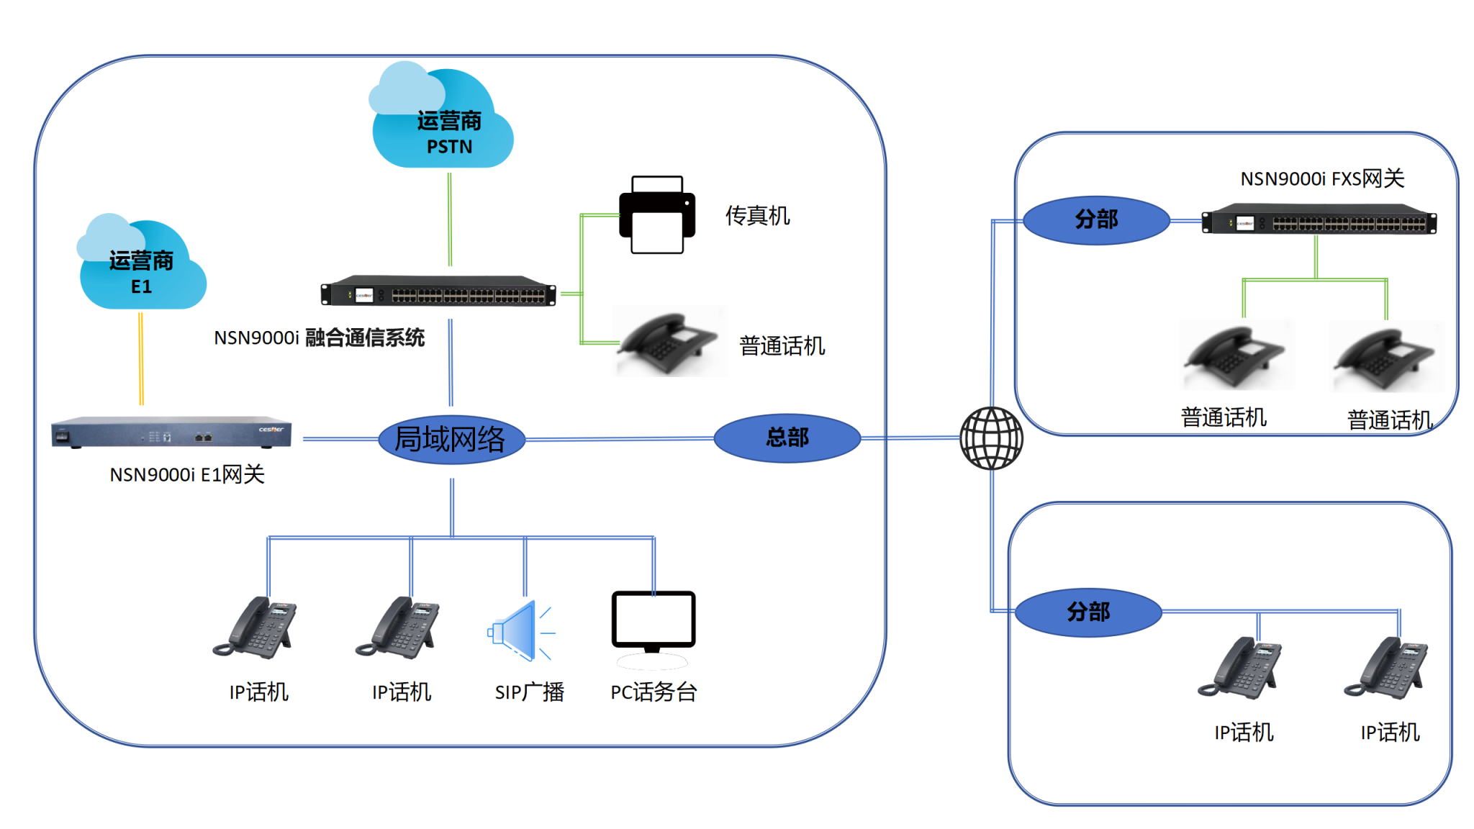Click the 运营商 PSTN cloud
pyautogui.click(x=442, y=122)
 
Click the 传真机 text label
pyautogui.click(x=756, y=215)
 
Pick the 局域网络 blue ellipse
pyautogui.click(x=451, y=439)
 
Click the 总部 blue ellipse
pyautogui.click(x=787, y=438)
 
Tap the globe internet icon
pyautogui.click(x=991, y=438)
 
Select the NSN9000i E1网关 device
pyautogui.click(x=171, y=431)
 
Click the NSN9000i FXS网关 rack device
pyautogui.click(x=1319, y=220)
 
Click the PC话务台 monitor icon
pyautogui.click(x=653, y=621)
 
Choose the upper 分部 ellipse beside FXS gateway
pyautogui.click(x=1095, y=219)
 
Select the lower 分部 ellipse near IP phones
pyautogui.click(x=1088, y=612)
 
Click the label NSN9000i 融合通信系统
pyautogui.click(x=319, y=338)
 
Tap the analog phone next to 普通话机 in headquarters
pyautogui.click(x=668, y=342)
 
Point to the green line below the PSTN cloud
pyautogui.click(x=450, y=219)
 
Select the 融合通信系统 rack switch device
pyautogui.click(x=438, y=291)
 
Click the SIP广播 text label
pyautogui.click(x=529, y=692)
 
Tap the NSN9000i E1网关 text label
pyautogui.click(x=187, y=475)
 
